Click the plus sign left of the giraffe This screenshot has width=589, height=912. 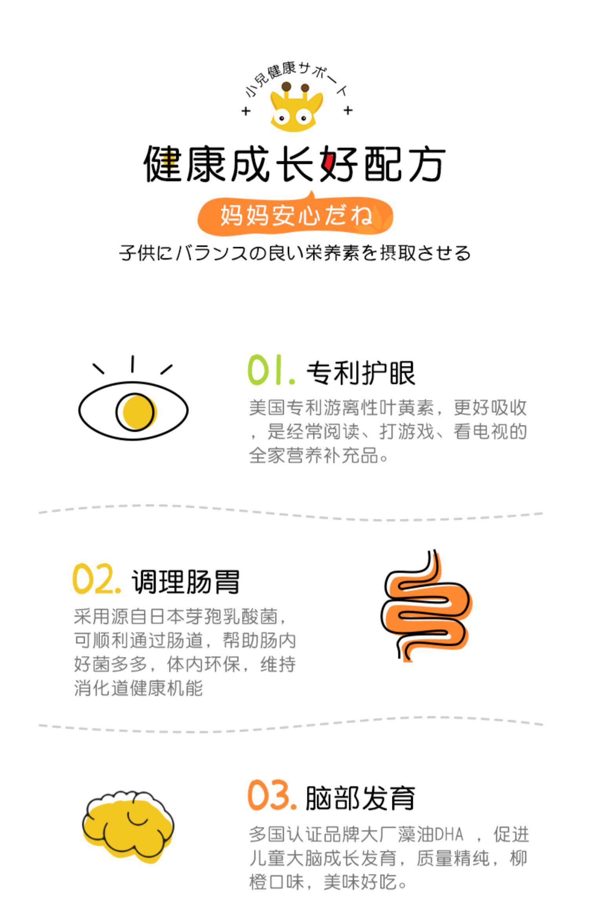click(x=246, y=111)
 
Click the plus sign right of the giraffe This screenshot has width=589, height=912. click(x=348, y=110)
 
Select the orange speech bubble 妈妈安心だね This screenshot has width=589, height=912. click(x=295, y=216)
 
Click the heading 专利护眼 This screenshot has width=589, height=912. click(x=360, y=373)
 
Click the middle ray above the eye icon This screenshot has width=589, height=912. click(x=132, y=364)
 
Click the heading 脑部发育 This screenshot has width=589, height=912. click(x=360, y=798)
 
